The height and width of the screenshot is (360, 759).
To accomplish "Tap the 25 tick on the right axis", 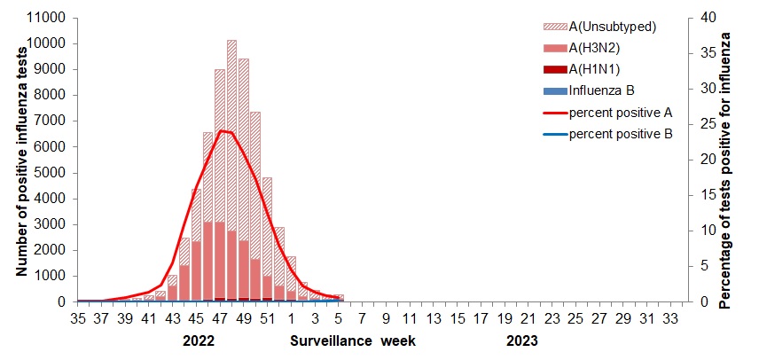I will pyautogui.click(x=700, y=124).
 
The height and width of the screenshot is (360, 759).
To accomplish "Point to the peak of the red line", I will pyautogui.click(x=221, y=130).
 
